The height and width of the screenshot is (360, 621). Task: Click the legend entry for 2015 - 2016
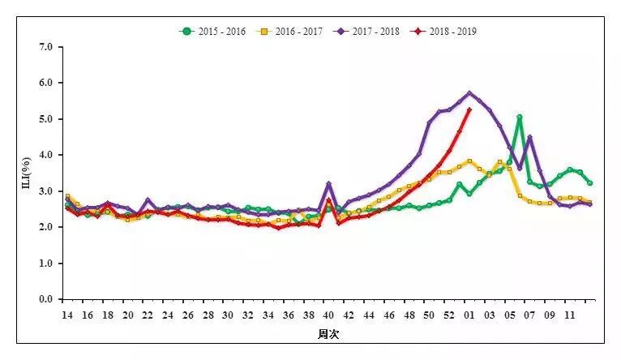click(x=213, y=32)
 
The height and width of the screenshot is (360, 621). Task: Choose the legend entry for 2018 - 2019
click(x=445, y=32)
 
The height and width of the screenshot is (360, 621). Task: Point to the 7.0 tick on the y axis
click(x=46, y=47)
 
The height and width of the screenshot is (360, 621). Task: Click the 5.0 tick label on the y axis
click(x=46, y=119)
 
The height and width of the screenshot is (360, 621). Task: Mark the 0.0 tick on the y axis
click(x=46, y=299)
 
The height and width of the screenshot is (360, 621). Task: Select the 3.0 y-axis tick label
click(x=46, y=191)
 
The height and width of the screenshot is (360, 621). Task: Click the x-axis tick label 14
click(x=67, y=315)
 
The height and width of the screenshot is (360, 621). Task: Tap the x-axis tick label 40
click(x=328, y=315)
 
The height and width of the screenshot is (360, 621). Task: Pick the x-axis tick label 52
click(x=449, y=315)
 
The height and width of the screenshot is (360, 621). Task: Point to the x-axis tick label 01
click(x=469, y=315)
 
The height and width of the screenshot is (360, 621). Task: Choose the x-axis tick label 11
click(x=570, y=315)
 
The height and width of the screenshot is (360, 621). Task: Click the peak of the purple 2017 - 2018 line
click(x=469, y=92)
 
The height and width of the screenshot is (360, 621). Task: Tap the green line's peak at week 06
click(x=520, y=118)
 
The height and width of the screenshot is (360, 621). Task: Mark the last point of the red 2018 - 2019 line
click(x=469, y=109)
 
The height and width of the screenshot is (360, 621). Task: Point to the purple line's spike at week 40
click(x=328, y=184)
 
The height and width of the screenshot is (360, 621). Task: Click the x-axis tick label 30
click(x=228, y=315)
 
